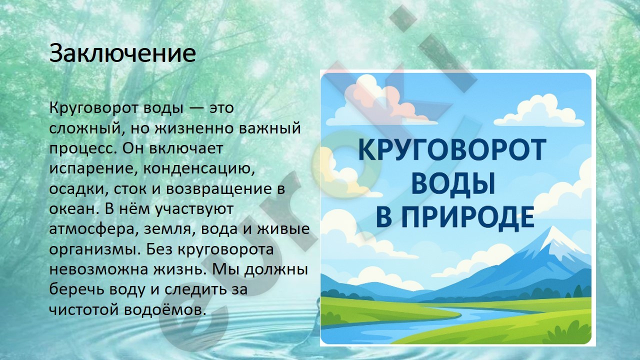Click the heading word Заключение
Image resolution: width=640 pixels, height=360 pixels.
pos(122,53)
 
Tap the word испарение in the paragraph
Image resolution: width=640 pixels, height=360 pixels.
pos(91,169)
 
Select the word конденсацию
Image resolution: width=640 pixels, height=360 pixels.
pos(199,169)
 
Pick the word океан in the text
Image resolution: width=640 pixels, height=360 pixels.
pos(75,209)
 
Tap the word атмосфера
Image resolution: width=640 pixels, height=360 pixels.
pos(91,229)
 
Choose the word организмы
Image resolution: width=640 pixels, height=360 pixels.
pos(95,249)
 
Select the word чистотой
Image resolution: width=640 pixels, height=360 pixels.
pos(83,310)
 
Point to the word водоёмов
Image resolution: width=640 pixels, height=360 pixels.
pos(165,310)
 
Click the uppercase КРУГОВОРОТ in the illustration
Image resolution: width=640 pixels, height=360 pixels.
pos(452,149)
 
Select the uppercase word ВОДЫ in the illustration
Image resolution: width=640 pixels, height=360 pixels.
pos(453,183)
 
